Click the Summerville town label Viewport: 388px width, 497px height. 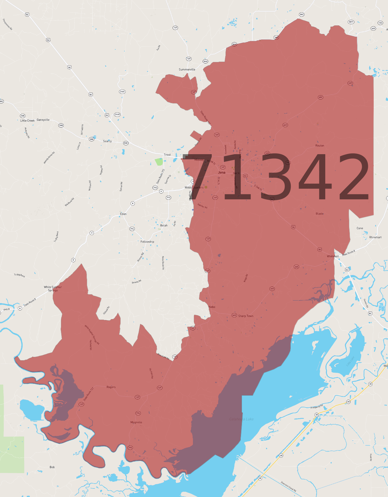(187, 70)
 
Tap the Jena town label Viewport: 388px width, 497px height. (222, 172)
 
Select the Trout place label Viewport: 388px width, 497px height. (167, 155)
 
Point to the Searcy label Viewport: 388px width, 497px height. (107, 141)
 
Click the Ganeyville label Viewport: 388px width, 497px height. (43, 120)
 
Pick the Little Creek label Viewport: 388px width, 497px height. (27, 121)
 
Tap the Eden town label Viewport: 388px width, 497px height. (123, 214)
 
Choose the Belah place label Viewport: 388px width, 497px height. (164, 226)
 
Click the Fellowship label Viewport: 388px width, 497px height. (147, 242)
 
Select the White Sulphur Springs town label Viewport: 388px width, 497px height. (53, 288)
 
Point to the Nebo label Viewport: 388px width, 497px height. (212, 307)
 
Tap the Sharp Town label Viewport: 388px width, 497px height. (246, 316)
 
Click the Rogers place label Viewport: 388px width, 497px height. (111, 387)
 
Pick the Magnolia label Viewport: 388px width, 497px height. (136, 423)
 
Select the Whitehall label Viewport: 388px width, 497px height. (333, 256)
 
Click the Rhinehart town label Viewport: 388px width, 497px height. (375, 238)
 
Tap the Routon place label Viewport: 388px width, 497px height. (320, 146)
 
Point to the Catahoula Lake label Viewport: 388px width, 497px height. (241, 419)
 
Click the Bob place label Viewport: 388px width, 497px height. (52, 467)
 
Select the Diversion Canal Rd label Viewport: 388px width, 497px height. (288, 487)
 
